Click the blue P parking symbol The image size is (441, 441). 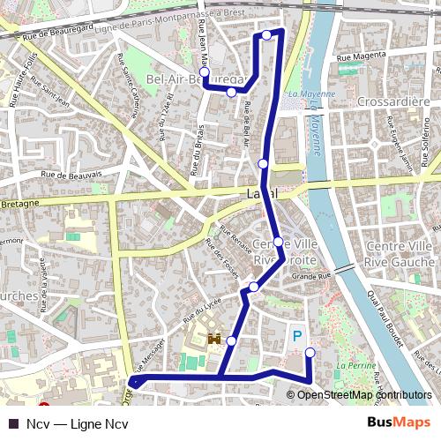coord(297,335)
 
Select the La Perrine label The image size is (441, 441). coord(355,363)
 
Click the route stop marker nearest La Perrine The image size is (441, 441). coord(310,353)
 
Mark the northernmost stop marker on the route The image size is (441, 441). coord(266,35)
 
